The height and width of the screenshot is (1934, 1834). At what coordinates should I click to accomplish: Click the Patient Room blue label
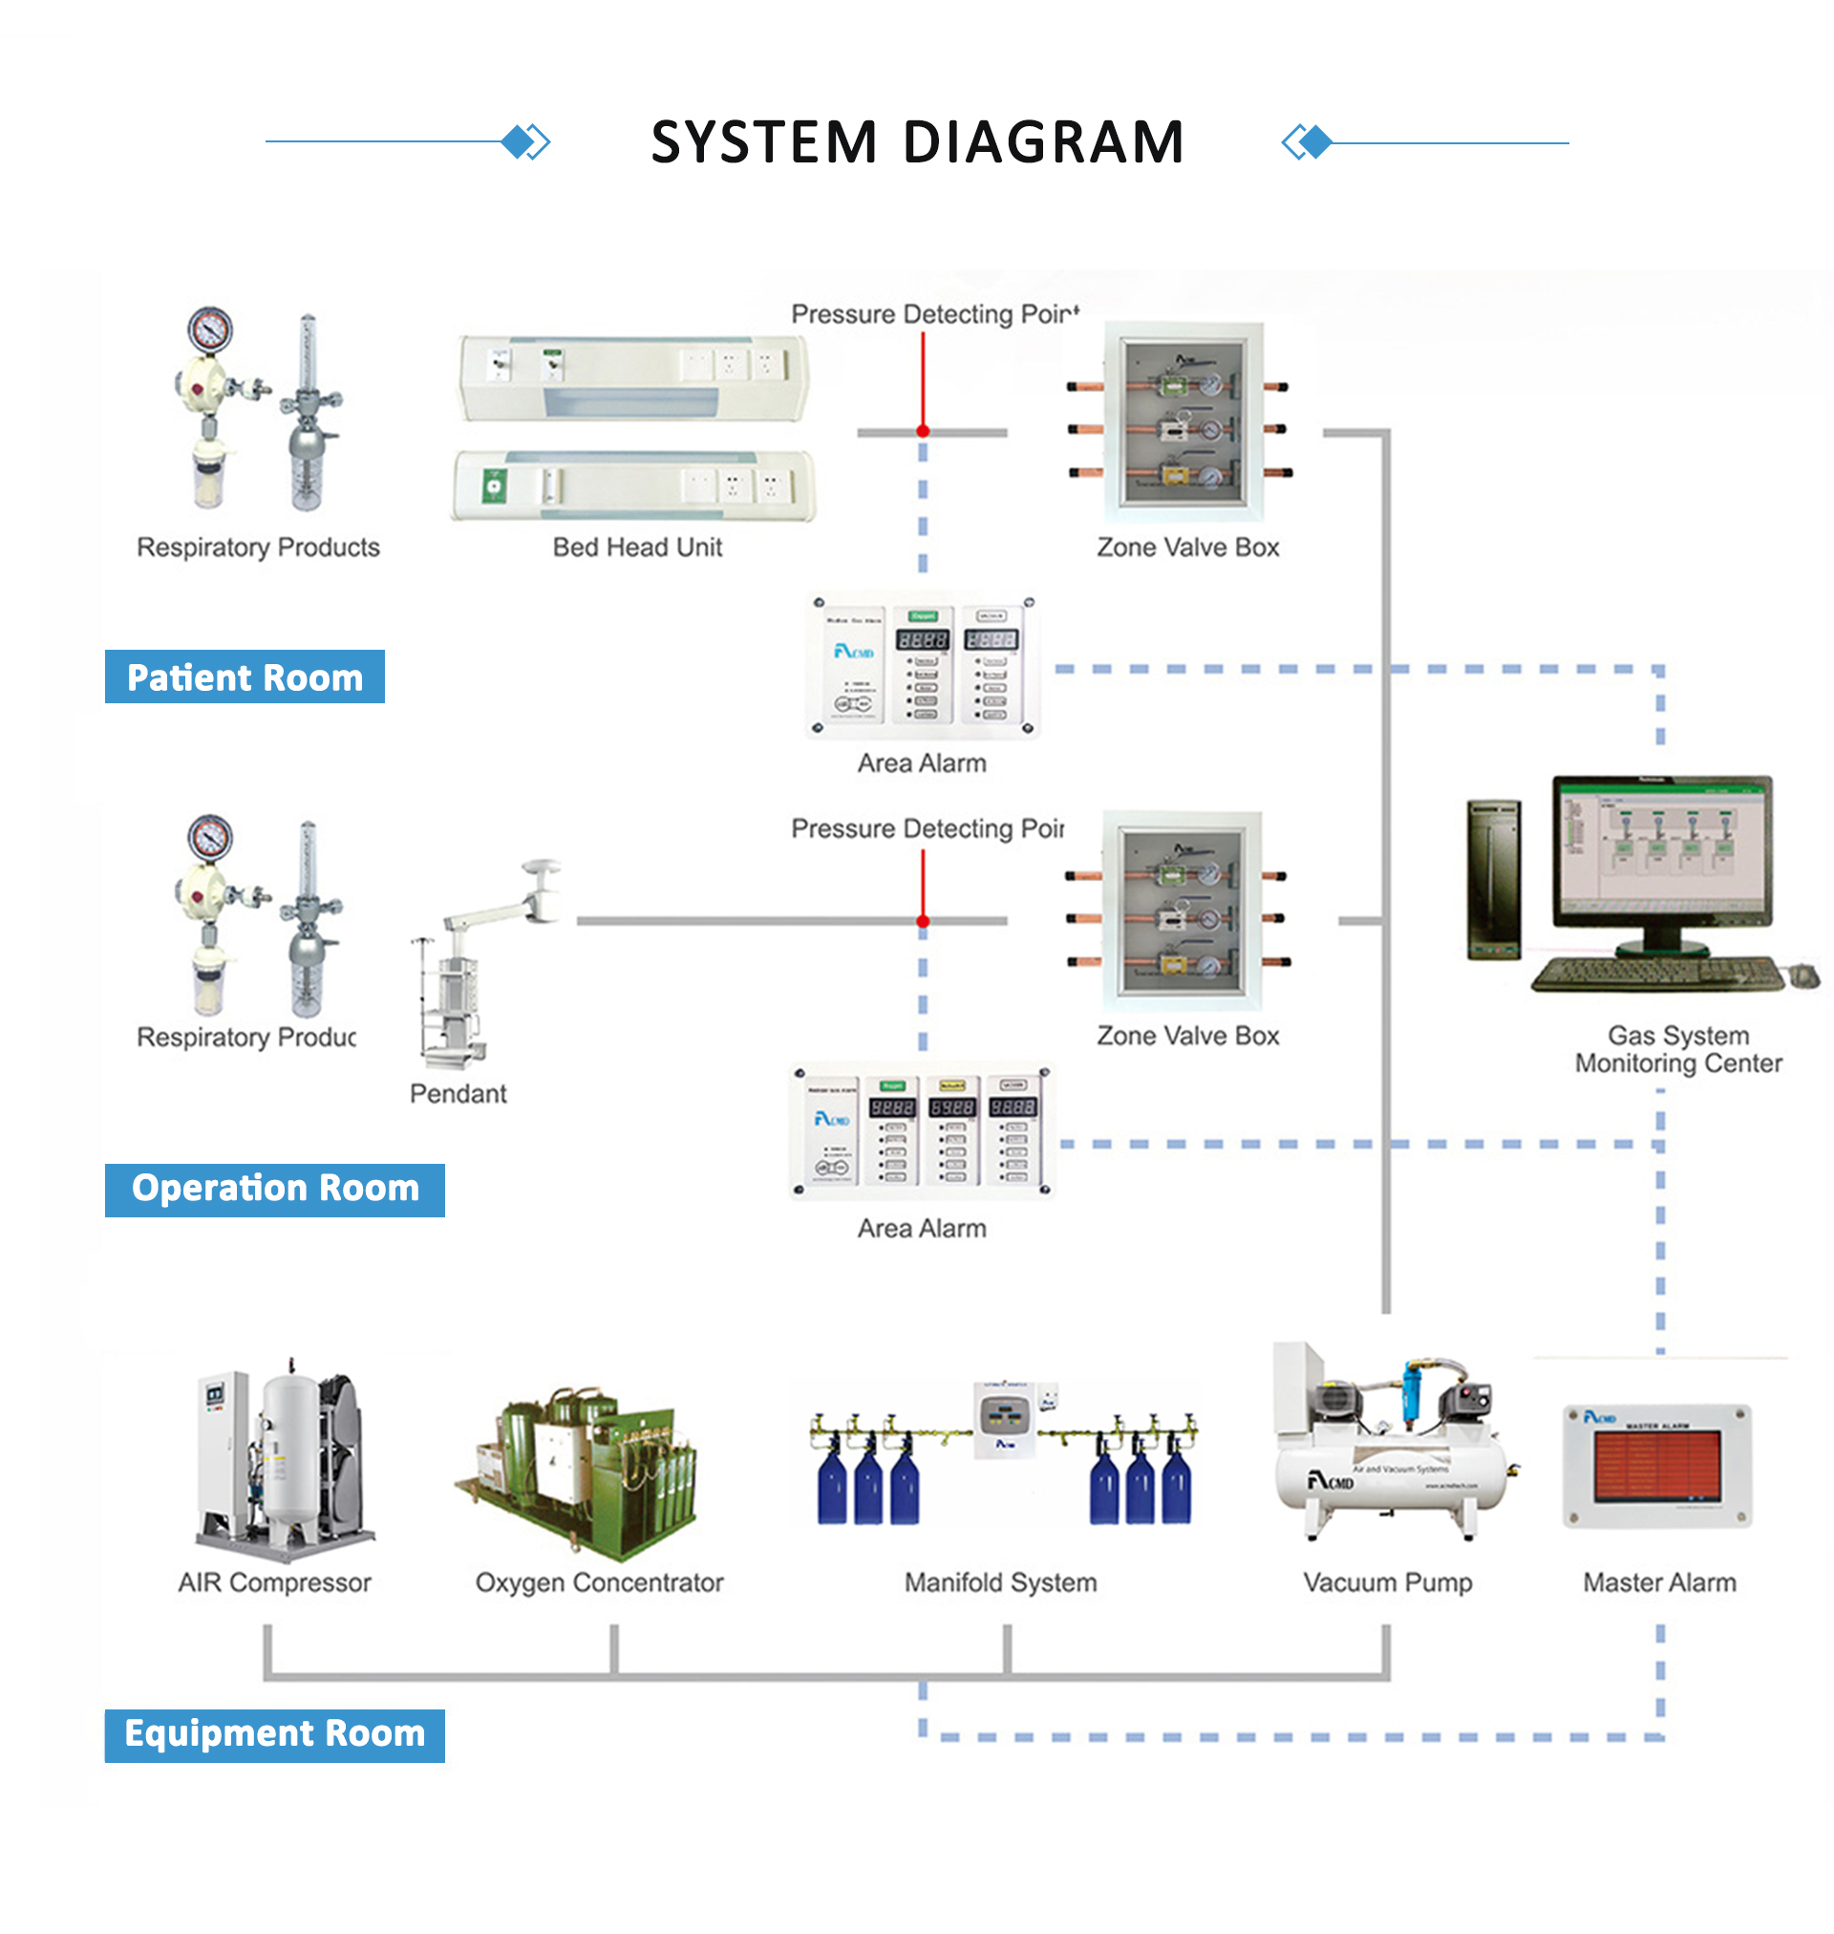245,677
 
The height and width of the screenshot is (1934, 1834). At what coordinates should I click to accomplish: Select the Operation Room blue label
275,1189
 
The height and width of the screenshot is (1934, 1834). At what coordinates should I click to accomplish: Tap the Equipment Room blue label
275,1734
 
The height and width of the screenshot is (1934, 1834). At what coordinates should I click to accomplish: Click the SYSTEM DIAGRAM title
917,141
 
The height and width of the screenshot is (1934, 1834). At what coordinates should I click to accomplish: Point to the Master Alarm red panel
1657,1465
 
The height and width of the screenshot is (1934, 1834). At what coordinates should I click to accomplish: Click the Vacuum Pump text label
1386,1582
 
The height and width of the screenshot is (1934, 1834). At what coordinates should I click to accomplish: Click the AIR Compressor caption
275,1582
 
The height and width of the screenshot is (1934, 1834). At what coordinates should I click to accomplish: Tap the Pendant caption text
458,1093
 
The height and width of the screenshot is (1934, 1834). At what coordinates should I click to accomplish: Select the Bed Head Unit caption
637,548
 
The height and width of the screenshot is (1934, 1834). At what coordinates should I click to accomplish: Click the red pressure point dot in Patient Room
923,431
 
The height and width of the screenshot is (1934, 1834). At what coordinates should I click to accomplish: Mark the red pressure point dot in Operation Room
923,921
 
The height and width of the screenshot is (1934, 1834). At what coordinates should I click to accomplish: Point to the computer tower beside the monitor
1494,878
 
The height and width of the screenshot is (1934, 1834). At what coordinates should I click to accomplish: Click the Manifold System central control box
1004,1419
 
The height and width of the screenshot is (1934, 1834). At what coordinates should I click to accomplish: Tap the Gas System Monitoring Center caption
1678,1049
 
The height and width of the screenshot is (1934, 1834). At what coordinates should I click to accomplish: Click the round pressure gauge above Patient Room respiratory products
210,331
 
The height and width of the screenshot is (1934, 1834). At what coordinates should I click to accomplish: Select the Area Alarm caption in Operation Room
922,1228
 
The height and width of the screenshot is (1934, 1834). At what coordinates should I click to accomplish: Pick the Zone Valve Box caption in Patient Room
1187,548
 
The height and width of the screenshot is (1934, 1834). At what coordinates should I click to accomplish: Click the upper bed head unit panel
633,377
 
